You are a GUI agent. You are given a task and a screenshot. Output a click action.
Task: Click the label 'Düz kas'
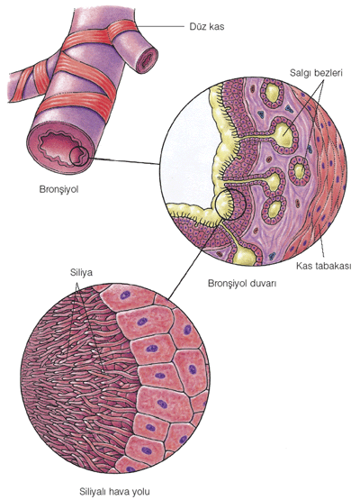click(207, 26)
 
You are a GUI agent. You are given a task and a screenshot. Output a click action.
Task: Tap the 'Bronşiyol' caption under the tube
click(58, 189)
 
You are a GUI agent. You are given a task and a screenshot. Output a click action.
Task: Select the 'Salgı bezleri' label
click(316, 73)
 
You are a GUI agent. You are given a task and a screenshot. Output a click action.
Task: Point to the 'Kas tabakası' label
click(324, 266)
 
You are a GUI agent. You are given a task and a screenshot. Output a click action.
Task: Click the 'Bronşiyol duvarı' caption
click(242, 283)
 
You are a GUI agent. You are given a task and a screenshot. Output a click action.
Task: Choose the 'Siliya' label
click(81, 273)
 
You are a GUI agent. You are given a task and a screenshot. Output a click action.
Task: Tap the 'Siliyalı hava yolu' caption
click(114, 491)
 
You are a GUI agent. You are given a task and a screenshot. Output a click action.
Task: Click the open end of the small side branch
click(146, 59)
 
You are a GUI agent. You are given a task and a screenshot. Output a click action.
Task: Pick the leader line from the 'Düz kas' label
click(161, 26)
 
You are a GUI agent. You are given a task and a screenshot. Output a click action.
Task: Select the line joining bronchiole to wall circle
click(124, 161)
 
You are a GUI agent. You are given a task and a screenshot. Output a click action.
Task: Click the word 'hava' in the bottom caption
click(120, 491)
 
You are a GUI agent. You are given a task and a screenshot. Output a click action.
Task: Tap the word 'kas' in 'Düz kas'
click(217, 26)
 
